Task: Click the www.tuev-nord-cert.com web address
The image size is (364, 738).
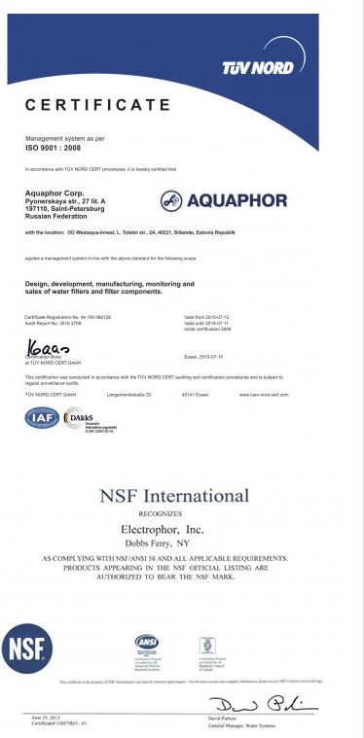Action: click(262, 368)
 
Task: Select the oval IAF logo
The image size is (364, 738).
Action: click(41, 418)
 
